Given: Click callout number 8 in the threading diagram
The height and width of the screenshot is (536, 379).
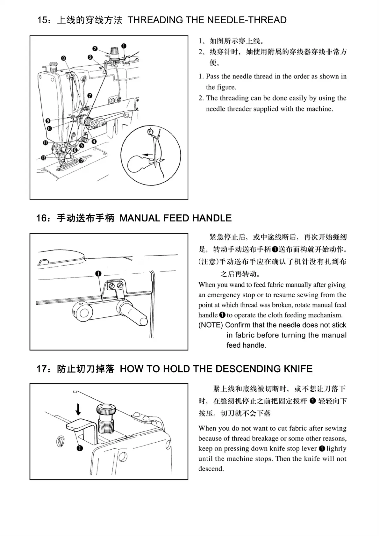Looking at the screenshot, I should click(x=64, y=58).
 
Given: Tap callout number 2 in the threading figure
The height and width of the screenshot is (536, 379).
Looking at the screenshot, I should click(x=95, y=48).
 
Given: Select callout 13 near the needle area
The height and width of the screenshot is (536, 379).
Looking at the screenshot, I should click(x=43, y=158).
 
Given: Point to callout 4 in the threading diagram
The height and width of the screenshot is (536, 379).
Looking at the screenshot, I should click(x=94, y=141).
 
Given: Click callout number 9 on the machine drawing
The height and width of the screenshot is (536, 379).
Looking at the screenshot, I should click(x=48, y=121).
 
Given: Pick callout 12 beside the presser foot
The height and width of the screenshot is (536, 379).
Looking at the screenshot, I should click(x=81, y=161).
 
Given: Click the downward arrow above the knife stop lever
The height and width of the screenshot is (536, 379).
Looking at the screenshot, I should click(x=78, y=409).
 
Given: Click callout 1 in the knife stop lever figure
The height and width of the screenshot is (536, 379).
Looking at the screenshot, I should click(x=80, y=448).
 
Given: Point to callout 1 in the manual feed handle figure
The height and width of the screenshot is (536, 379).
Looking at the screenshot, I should click(x=98, y=274).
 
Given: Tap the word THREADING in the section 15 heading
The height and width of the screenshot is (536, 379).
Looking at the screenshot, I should click(x=155, y=20).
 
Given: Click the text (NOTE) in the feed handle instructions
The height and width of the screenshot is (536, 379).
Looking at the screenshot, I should click(x=211, y=325).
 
